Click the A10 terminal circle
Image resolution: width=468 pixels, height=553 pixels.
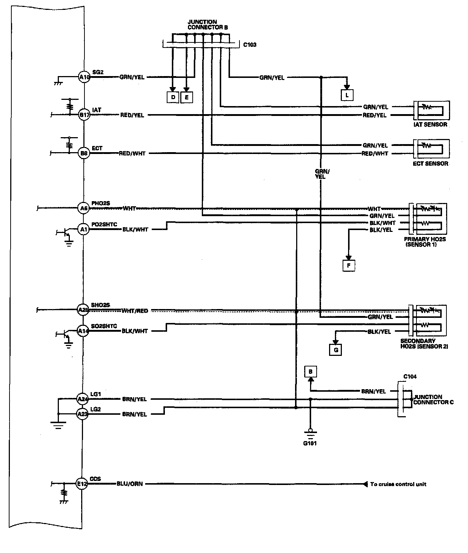84,77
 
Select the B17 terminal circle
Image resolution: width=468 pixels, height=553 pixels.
84,115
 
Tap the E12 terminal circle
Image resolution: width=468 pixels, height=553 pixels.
82,484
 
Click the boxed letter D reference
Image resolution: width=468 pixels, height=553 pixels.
173,97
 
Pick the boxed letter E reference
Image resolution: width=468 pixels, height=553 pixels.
186,97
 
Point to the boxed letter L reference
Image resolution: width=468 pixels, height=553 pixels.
347,95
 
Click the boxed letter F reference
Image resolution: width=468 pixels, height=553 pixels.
348,265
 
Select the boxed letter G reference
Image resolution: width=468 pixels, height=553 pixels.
336,350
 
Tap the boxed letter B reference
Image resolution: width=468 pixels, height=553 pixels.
310,372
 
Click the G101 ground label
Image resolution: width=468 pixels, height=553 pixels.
310,444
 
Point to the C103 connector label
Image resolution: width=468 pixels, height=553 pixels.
250,45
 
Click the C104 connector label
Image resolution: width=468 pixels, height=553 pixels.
410,377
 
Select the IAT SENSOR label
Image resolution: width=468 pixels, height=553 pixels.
430,124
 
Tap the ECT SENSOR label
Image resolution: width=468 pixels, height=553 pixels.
430,163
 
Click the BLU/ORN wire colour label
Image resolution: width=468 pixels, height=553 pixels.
129,484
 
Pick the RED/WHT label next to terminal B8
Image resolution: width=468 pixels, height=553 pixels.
132,154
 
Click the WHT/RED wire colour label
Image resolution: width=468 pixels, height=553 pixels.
135,311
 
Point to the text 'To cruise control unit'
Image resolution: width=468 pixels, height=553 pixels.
398,484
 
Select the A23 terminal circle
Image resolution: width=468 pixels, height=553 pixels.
82,414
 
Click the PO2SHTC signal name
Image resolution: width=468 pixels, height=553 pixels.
104,224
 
